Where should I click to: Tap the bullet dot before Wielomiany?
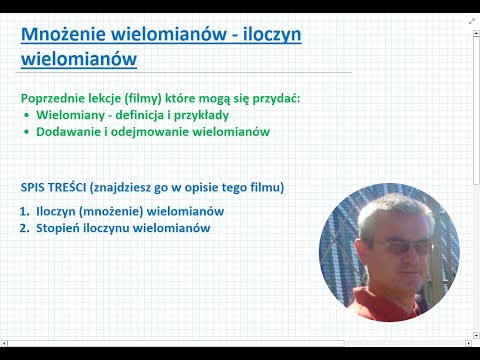27,115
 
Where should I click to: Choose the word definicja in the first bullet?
140,115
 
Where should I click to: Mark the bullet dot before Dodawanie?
27,132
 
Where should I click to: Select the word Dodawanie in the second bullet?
71,132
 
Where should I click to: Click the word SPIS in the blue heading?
34,187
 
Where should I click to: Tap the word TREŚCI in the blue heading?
73,187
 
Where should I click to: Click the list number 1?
24,211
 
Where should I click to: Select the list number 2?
24,228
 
